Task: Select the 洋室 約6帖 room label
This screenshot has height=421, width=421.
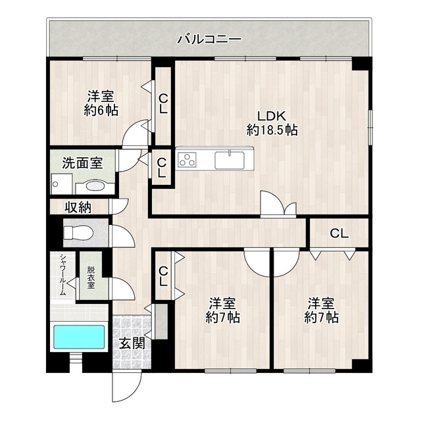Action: (100, 103)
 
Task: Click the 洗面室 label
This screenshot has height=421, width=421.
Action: (82, 163)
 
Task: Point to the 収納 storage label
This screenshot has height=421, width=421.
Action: (78, 208)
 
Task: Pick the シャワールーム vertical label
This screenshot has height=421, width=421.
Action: (62, 276)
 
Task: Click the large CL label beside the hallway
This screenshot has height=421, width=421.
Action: (339, 233)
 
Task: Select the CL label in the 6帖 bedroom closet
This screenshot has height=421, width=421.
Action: (162, 105)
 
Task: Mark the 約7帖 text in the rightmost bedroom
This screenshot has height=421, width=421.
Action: (321, 318)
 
